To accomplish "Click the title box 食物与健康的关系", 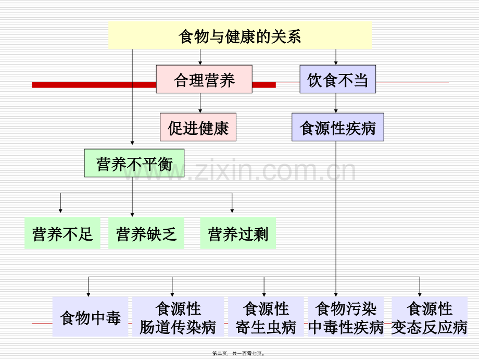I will [x=240, y=36].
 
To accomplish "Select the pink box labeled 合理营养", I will [x=204, y=79].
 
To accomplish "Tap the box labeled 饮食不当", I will [x=337, y=80].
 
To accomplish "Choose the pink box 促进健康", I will [x=198, y=127].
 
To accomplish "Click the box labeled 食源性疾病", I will [x=337, y=127].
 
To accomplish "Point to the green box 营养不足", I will [x=62, y=233].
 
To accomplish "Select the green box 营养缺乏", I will [x=146, y=233].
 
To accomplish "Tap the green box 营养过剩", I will [x=237, y=233].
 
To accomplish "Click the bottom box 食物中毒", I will [x=90, y=317].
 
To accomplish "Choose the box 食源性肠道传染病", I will [x=178, y=317].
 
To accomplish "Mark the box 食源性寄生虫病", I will [x=266, y=317].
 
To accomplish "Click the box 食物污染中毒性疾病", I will [x=346, y=317].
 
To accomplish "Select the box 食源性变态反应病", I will [x=429, y=317].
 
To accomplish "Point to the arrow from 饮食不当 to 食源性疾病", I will [x=336, y=103].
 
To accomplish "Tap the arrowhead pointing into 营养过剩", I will [x=232, y=210].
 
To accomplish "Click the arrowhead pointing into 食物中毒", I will [x=89, y=293].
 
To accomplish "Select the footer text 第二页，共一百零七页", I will [x=239, y=353].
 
